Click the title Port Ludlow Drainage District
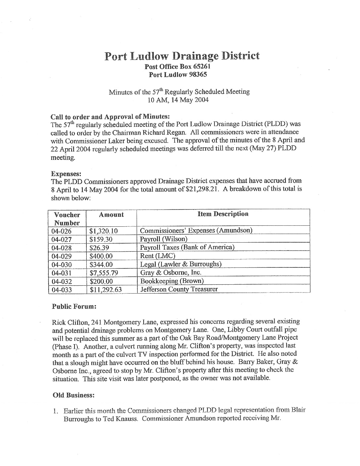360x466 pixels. pyautogui.click(x=182, y=56)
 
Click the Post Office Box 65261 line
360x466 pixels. pyautogui.click(x=178, y=66)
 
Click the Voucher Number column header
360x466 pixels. pyautogui.click(x=67, y=218)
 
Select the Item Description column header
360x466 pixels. pyautogui.click(x=223, y=214)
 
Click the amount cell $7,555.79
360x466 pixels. pyautogui.click(x=104, y=273)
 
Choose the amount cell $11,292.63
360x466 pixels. pyautogui.click(x=106, y=290)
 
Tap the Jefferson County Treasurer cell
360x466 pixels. pyautogui.click(x=179, y=289)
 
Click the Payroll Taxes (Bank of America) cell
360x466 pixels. pyautogui.click(x=187, y=248)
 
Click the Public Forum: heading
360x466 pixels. pyautogui.click(x=74, y=306)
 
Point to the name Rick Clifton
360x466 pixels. pyautogui.click(x=68, y=322)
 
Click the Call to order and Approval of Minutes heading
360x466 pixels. pyautogui.click(x=110, y=117)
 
